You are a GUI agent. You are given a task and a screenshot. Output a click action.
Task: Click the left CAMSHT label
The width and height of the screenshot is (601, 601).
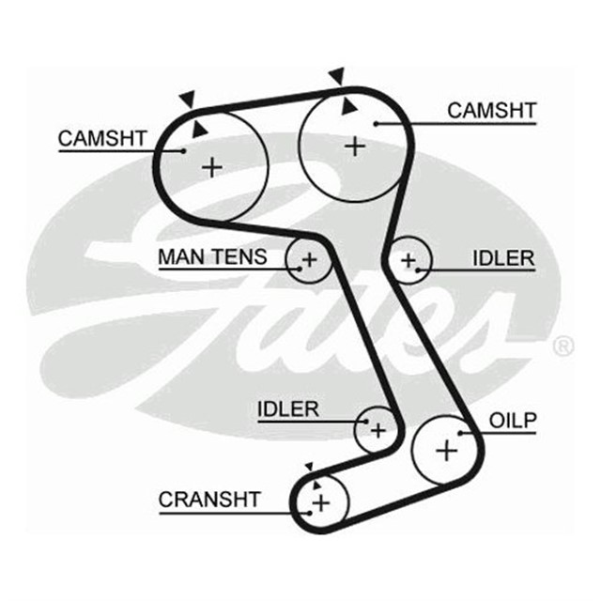tap(102, 139)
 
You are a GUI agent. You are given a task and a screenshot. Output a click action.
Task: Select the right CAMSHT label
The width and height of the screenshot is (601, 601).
tap(491, 111)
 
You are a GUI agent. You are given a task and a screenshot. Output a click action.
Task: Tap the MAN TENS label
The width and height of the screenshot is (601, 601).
tap(212, 256)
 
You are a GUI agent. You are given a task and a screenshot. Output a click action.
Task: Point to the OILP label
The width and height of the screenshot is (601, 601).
tap(512, 421)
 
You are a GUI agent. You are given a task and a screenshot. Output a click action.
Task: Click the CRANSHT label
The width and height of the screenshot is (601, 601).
tap(208, 500)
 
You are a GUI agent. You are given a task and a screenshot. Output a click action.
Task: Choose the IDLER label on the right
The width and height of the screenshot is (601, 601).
tap(502, 258)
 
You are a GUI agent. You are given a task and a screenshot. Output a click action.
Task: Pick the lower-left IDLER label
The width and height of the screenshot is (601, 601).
tap(288, 409)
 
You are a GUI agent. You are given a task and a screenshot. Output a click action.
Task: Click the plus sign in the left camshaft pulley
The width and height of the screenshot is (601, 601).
tap(213, 167)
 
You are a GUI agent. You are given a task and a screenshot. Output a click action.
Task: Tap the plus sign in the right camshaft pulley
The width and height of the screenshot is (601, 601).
tap(354, 146)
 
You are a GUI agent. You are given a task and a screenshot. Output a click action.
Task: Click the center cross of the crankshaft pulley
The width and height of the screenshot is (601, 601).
tap(321, 504)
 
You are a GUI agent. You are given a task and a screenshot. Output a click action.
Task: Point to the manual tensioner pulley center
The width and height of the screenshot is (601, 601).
tap(309, 259)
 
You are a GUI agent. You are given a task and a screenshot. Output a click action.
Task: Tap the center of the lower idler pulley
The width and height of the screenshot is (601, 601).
tap(377, 430)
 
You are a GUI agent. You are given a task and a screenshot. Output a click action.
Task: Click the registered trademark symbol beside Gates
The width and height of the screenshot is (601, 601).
tap(562, 346)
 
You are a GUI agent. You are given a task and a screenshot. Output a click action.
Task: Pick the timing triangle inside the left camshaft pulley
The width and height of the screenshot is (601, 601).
tap(199, 129)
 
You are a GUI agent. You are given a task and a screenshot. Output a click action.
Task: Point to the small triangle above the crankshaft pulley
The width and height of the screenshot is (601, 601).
tap(307, 467)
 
